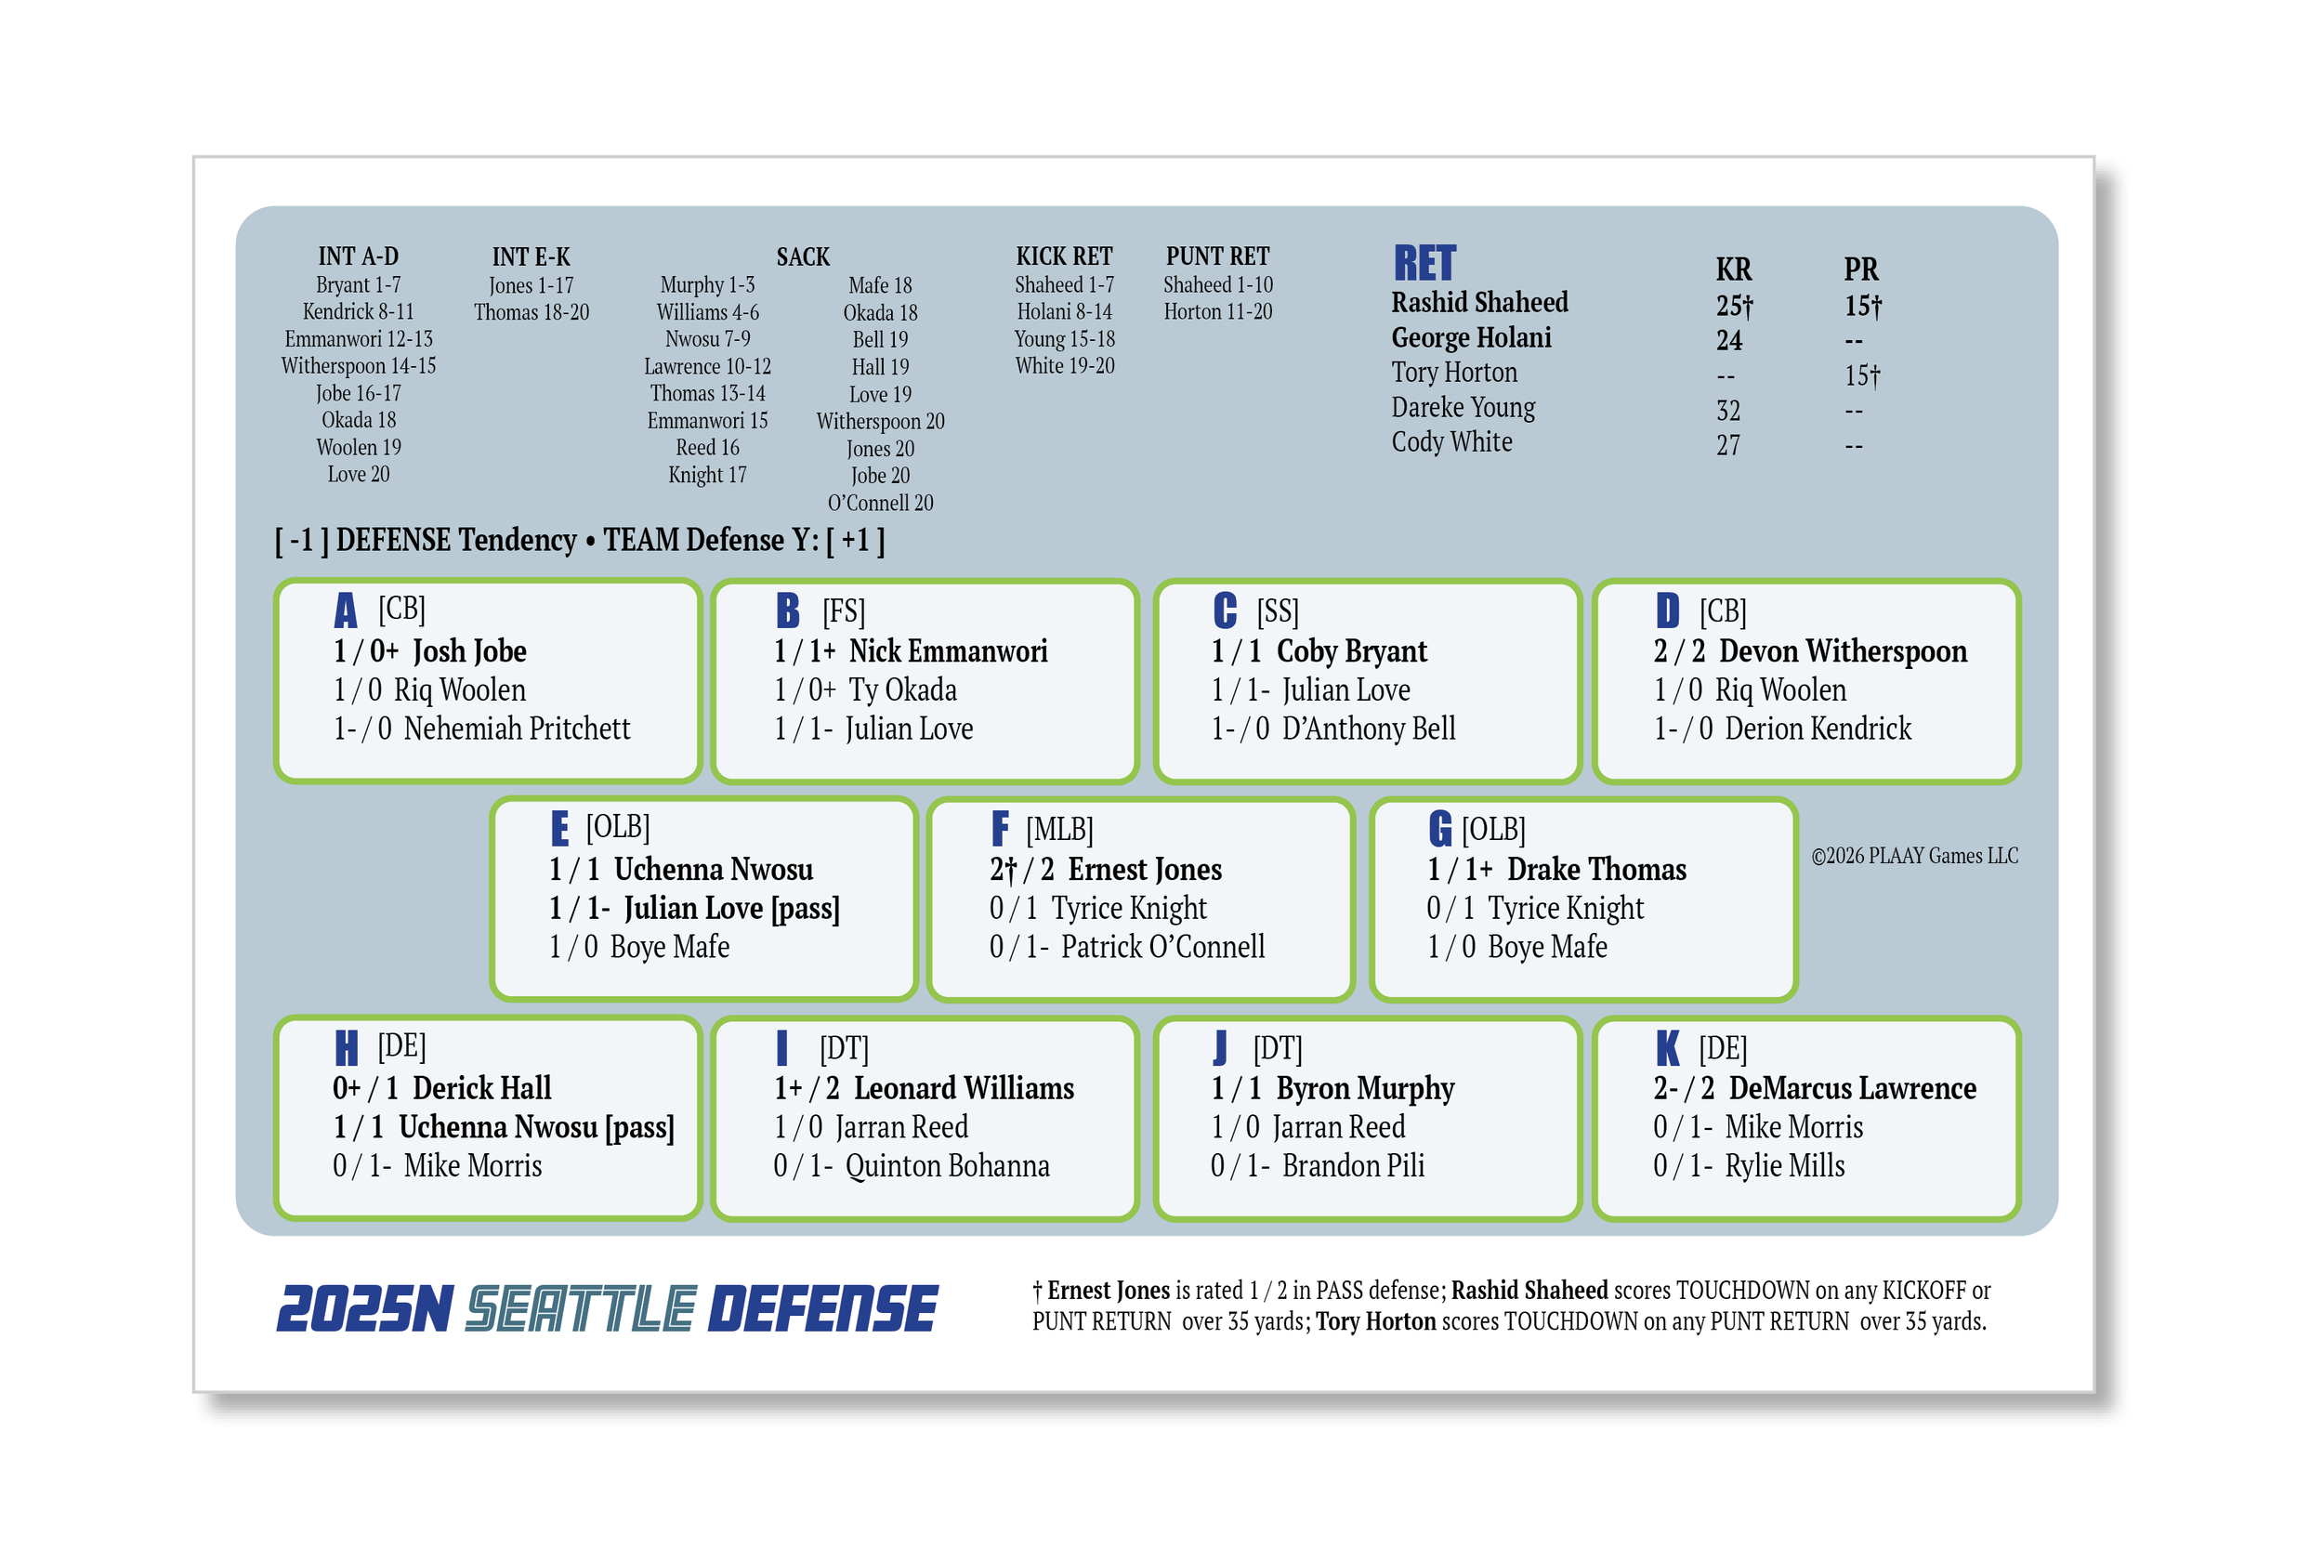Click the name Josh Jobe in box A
pyautogui.click(x=469, y=652)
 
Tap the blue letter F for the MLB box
pyautogui.click(x=1001, y=829)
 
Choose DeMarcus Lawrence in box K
pyautogui.click(x=1853, y=1089)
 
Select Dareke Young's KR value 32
pyautogui.click(x=1728, y=411)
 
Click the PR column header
pyautogui.click(x=1861, y=269)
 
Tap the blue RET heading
pyautogui.click(x=1424, y=264)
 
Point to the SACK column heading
pyautogui.click(x=803, y=257)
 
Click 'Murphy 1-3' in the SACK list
pyautogui.click(x=707, y=285)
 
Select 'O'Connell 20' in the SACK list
pyautogui.click(x=880, y=503)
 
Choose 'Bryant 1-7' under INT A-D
pyautogui.click(x=359, y=285)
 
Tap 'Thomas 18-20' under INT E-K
pyautogui.click(x=532, y=312)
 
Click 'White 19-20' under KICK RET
pyautogui.click(x=1065, y=366)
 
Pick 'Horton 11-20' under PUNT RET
pyautogui.click(x=1218, y=312)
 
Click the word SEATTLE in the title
pyautogui.click(x=581, y=1309)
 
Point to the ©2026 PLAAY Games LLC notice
pyautogui.click(x=1914, y=857)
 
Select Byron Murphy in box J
pyautogui.click(x=1365, y=1090)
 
